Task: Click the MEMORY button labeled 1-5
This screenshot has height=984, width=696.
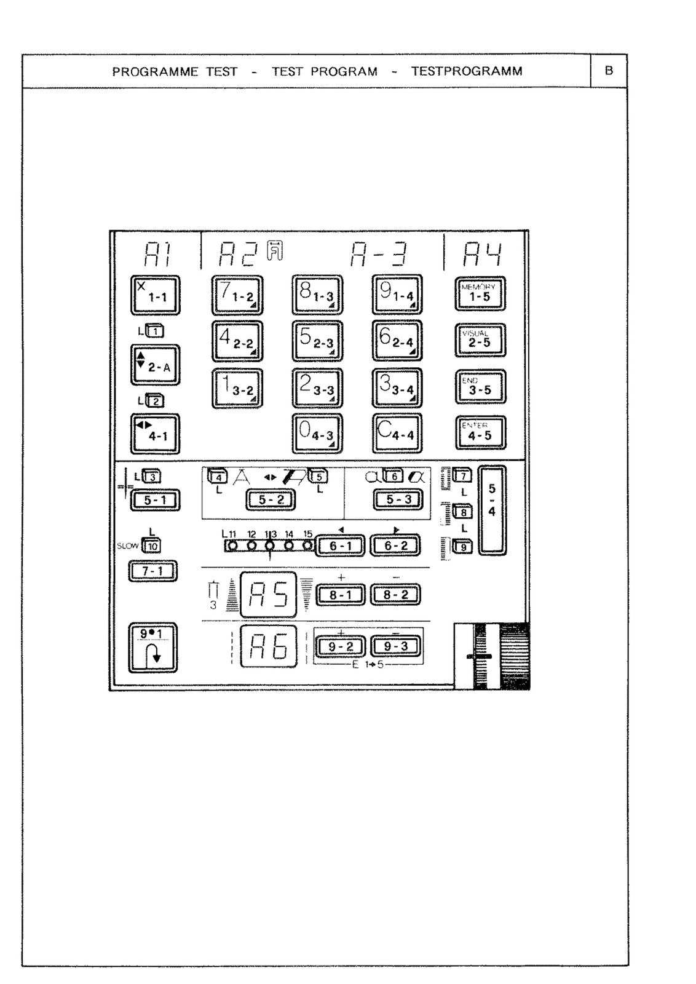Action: pyautogui.click(x=480, y=294)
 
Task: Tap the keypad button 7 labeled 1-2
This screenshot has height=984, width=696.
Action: pyautogui.click(x=237, y=295)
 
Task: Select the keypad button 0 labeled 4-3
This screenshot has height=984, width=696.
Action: pyautogui.click(x=317, y=434)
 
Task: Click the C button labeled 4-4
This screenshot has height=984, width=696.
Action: pyautogui.click(x=397, y=434)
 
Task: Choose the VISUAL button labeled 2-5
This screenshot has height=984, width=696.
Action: pyautogui.click(x=480, y=340)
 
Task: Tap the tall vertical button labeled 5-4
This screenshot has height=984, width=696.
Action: pyautogui.click(x=492, y=510)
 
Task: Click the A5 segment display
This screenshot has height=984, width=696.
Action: pyautogui.click(x=268, y=595)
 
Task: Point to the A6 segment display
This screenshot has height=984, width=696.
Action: pyautogui.click(x=268, y=646)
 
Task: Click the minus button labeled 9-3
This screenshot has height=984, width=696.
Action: pyautogui.click(x=395, y=646)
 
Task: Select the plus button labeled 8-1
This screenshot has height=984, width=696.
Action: pyautogui.click(x=341, y=595)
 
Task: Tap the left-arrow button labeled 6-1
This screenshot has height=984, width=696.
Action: pyautogui.click(x=341, y=546)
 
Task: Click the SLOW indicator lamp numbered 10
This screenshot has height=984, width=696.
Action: pyautogui.click(x=151, y=546)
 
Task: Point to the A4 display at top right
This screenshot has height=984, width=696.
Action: pyautogui.click(x=482, y=254)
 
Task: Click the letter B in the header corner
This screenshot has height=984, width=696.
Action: pyautogui.click(x=609, y=71)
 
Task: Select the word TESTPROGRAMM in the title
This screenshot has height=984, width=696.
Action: pyautogui.click(x=467, y=71)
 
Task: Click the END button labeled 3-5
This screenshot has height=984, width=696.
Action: pyautogui.click(x=480, y=387)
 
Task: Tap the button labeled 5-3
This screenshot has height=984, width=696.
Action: pyautogui.click(x=398, y=500)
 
